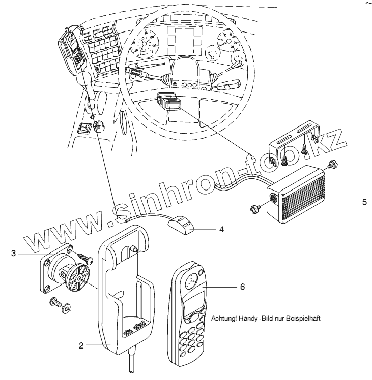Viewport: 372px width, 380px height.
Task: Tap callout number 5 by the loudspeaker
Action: (364, 202)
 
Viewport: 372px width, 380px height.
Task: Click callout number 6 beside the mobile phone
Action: (242, 287)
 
